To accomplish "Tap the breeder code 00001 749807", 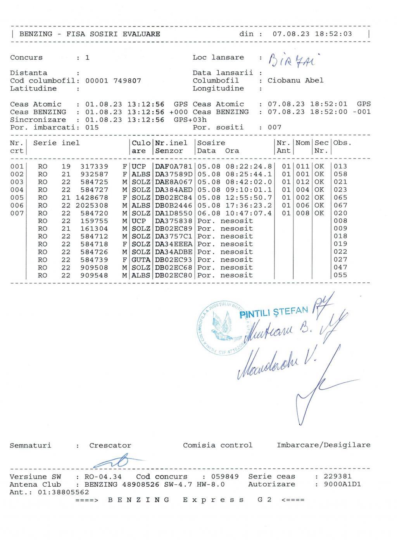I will (113, 81).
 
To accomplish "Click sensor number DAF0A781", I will (174, 166).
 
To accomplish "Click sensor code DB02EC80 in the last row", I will (174, 275).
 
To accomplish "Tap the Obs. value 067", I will (340, 205).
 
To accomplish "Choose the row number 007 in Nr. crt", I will (17, 213).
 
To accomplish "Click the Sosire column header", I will (211, 143).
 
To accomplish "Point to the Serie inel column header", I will (56, 143).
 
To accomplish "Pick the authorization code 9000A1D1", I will (338, 484).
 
